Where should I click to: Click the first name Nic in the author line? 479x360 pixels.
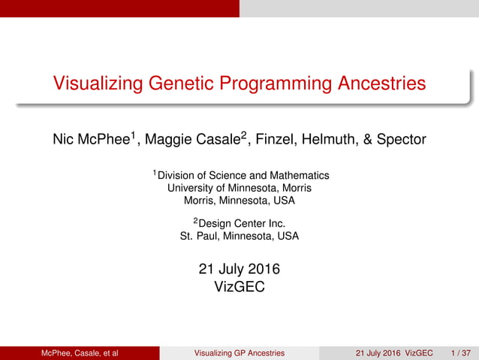pos(64,140)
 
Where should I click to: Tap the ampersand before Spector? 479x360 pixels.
pos(373,140)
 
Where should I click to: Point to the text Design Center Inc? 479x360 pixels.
pos(243,222)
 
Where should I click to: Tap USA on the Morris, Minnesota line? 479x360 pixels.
pos(283,201)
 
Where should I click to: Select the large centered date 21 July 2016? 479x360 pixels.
pos(239,268)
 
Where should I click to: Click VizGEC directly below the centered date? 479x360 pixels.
pos(239,286)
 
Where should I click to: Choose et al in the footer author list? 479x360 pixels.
pos(110,352)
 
